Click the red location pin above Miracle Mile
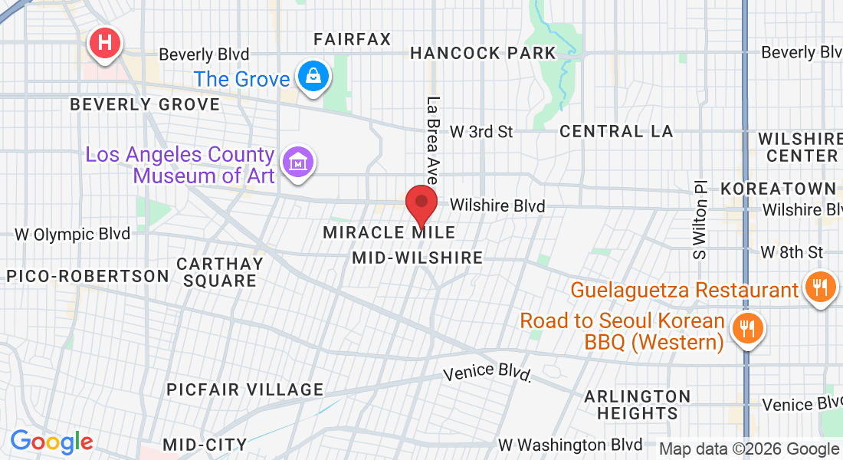click(421, 203)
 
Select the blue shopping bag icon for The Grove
click(313, 77)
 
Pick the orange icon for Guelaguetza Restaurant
click(819, 288)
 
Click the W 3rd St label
click(481, 132)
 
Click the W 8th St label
click(791, 252)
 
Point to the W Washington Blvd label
click(570, 445)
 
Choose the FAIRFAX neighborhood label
click(353, 39)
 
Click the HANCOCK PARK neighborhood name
click(483, 53)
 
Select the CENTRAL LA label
click(616, 131)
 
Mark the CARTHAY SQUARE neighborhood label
click(220, 272)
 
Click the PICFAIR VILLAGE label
click(245, 389)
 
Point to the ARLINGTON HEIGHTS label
click(638, 405)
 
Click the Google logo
click(51, 442)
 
